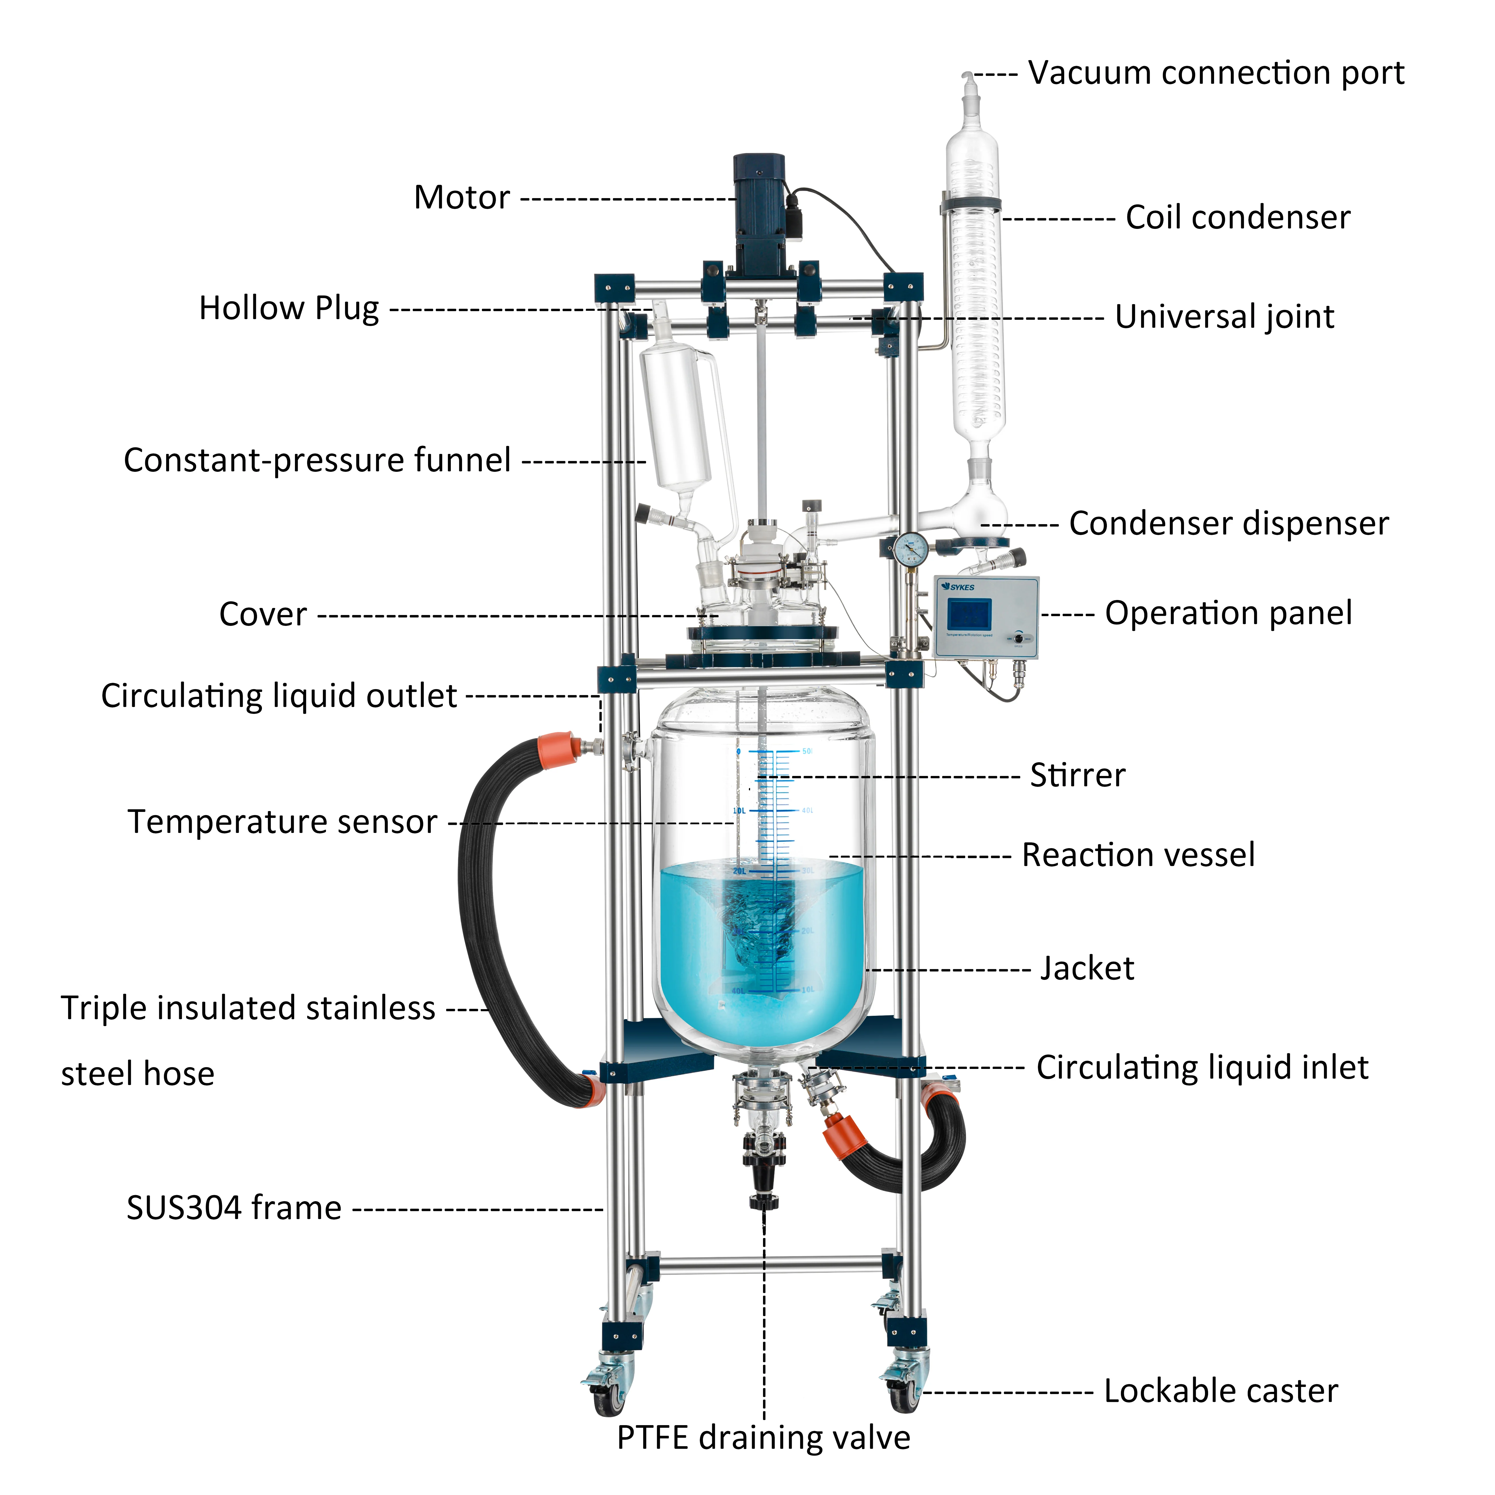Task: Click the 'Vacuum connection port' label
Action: (1215, 74)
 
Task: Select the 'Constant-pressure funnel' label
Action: (317, 460)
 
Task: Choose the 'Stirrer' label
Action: (1077, 775)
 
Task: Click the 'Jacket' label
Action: (1086, 969)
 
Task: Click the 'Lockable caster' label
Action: (1220, 1391)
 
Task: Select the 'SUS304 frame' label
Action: (234, 1208)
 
